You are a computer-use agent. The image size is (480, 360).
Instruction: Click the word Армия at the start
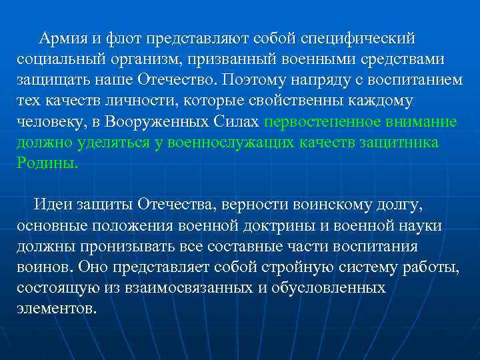tap(61, 37)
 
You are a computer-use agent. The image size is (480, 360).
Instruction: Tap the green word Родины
tap(47, 165)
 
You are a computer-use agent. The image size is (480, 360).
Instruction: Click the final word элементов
tap(57, 310)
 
